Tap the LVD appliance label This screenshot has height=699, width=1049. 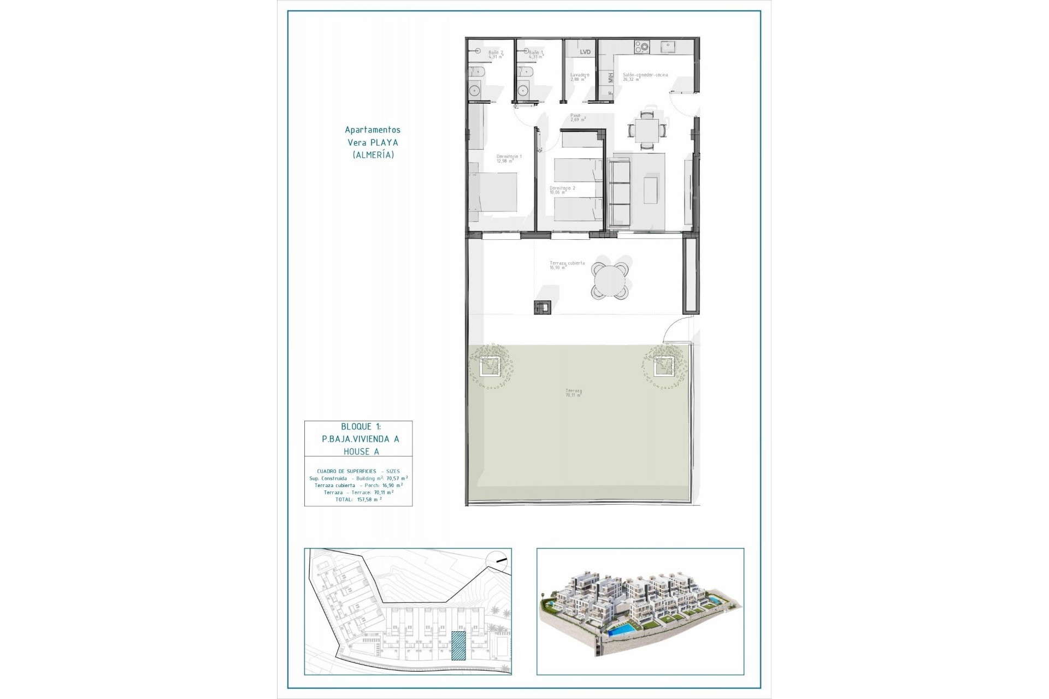tap(585, 52)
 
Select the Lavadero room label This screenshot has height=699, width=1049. tap(580, 76)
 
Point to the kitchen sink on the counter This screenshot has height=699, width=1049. tap(668, 47)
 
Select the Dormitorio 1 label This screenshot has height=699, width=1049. tap(509, 158)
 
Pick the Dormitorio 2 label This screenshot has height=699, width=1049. tap(562, 189)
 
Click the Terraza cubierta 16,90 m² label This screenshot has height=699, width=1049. tap(567, 265)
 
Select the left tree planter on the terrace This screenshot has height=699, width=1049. tap(490, 366)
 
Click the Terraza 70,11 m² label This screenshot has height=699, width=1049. tap(573, 393)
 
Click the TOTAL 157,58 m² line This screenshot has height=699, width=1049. tap(358, 499)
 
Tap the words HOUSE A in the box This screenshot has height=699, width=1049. tap(361, 452)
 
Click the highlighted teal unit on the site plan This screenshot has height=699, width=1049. tap(458, 646)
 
